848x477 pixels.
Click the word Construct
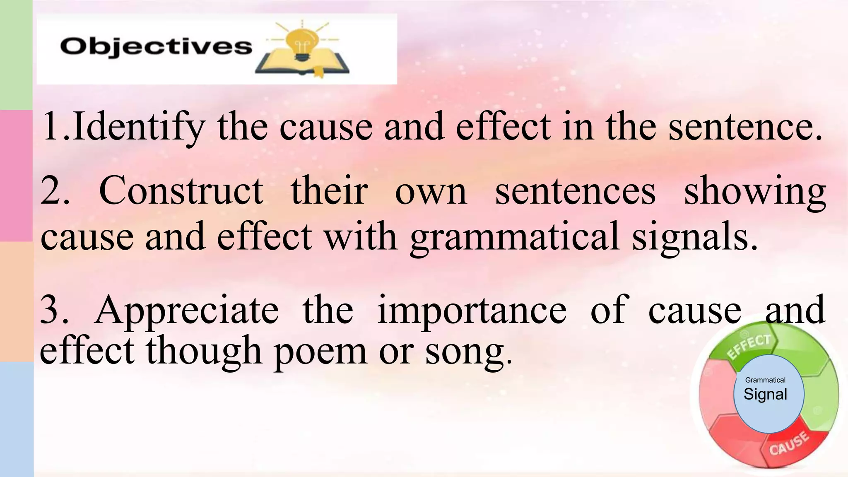point(181,191)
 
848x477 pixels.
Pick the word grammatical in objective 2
point(515,237)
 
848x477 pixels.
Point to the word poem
point(320,351)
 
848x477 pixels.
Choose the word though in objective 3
point(204,351)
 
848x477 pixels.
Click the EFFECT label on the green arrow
point(749,347)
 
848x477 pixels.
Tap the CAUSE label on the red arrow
point(789,443)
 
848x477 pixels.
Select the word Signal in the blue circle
point(765,394)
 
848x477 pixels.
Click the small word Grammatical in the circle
point(765,380)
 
